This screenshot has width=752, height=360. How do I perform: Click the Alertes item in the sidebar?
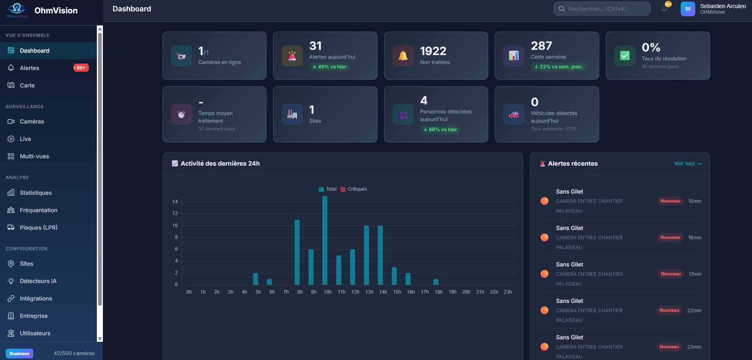click(x=30, y=68)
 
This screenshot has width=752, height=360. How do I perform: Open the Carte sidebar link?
click(x=27, y=85)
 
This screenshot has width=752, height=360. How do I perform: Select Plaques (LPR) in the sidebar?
click(x=38, y=228)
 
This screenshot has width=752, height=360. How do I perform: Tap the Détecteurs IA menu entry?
click(x=38, y=281)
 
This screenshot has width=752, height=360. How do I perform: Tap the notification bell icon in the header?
click(x=664, y=9)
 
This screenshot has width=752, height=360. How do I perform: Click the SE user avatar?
click(x=688, y=9)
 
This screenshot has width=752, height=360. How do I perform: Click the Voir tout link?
click(x=688, y=164)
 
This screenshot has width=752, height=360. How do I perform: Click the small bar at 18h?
click(x=436, y=282)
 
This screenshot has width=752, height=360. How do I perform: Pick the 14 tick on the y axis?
click(x=175, y=202)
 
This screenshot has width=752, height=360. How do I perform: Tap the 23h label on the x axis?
click(x=508, y=292)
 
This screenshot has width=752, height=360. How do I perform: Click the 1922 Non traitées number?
click(x=433, y=51)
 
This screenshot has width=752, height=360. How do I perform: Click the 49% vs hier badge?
click(x=329, y=67)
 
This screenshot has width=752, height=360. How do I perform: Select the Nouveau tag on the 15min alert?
click(x=670, y=201)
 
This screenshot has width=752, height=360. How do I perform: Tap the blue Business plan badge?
click(x=19, y=354)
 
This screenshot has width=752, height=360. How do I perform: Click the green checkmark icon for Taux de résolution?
click(x=625, y=56)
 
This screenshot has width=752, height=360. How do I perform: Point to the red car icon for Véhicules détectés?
click(x=514, y=115)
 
